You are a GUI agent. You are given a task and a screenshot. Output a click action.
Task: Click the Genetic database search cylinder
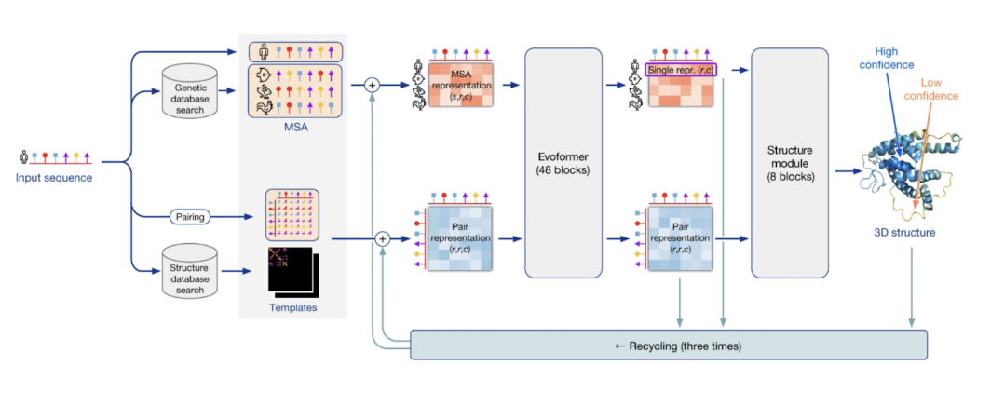click(191, 92)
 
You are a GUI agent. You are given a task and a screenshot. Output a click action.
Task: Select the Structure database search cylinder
click(191, 271)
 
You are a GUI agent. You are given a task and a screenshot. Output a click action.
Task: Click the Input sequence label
click(54, 177)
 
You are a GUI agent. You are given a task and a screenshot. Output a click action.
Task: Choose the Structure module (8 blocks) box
click(790, 164)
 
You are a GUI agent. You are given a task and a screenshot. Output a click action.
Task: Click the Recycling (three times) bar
click(668, 345)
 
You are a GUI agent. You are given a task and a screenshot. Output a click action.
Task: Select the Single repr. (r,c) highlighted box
click(681, 69)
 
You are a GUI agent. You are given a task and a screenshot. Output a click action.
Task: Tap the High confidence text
click(893, 59)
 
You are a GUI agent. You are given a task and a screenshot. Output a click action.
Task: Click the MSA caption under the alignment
click(295, 128)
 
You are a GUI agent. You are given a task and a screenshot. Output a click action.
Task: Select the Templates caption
click(293, 307)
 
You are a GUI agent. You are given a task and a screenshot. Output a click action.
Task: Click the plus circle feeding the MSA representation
click(373, 85)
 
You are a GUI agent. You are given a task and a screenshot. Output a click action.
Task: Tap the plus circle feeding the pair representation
click(382, 239)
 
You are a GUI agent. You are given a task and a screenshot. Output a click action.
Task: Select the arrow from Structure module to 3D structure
click(847, 171)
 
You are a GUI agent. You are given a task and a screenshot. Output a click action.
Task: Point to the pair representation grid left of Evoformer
click(459, 239)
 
